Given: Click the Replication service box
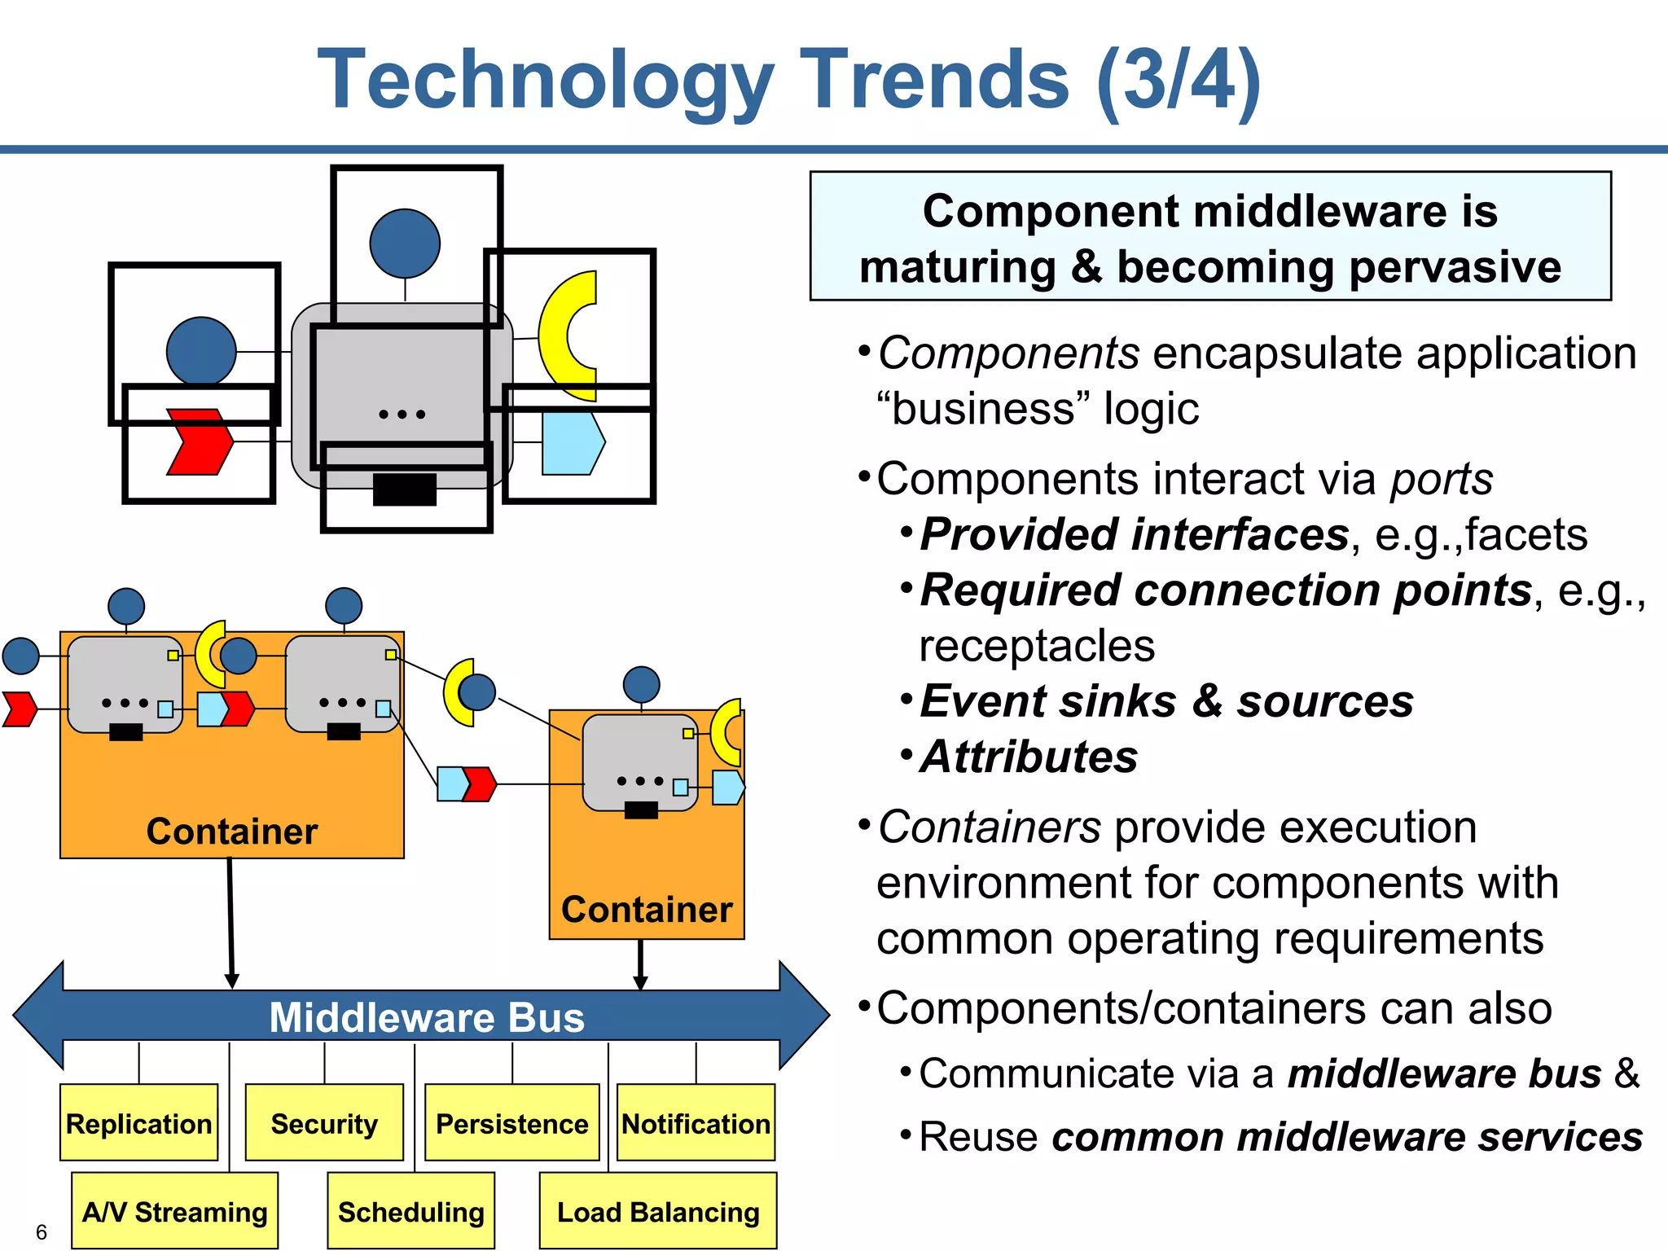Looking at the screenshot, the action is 138,1123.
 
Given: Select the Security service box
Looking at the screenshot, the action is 324,1123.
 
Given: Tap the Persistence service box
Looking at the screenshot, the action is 511,1123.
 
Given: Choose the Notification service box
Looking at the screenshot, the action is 696,1123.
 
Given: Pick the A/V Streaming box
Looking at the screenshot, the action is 174,1211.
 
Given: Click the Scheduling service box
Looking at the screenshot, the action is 410,1211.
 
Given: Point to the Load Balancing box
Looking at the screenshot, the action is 658,1211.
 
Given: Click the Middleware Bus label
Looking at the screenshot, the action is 427,1017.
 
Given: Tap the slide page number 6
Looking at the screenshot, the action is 42,1232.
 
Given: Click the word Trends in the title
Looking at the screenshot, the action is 934,79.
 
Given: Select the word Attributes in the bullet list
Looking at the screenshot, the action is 1029,757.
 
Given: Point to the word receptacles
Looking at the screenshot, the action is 1037,646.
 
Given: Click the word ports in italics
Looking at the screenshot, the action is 1442,479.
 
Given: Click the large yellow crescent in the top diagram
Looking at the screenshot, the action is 564,336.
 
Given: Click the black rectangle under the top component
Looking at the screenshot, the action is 405,489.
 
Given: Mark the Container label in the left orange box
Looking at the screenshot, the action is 232,832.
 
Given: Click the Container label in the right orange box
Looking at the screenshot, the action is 647,910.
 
